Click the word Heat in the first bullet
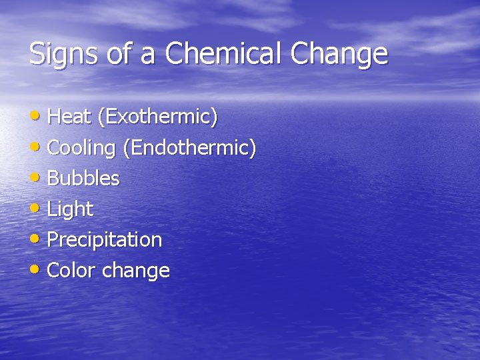[x=70, y=117]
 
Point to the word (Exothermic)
[x=157, y=117]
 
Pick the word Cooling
[x=82, y=148]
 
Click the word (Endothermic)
[x=189, y=148]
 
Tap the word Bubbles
[x=84, y=179]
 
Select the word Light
[x=71, y=209]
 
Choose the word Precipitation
[x=105, y=240]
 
